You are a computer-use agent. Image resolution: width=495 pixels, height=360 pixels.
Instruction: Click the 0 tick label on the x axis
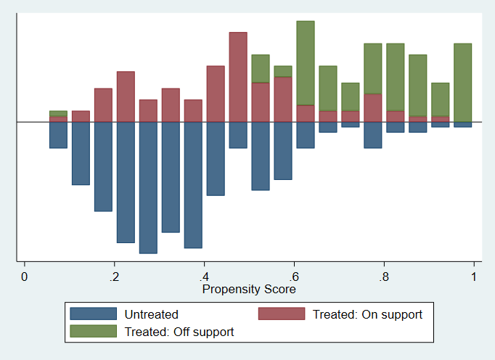click(x=25, y=277)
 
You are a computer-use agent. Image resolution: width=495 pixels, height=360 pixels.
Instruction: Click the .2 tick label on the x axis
click(x=114, y=277)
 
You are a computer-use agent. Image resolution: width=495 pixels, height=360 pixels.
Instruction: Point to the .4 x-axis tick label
click(x=204, y=277)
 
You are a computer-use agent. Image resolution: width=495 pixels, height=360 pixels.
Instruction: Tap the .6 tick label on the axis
click(x=294, y=277)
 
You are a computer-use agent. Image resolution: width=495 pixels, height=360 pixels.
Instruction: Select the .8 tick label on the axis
click(x=384, y=277)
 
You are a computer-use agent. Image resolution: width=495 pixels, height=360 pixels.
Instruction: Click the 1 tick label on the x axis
click(x=474, y=277)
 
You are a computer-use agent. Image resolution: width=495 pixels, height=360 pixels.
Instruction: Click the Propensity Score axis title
click(x=249, y=289)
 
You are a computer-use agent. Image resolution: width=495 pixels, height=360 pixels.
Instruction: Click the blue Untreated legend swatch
click(x=93, y=314)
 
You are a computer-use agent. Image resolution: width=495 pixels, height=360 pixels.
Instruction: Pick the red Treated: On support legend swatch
click(x=282, y=314)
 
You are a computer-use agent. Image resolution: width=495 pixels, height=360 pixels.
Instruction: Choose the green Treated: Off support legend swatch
click(x=93, y=332)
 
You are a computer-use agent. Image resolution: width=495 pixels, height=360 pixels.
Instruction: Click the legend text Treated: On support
click(x=367, y=314)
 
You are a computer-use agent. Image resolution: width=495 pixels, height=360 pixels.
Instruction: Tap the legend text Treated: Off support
click(x=179, y=332)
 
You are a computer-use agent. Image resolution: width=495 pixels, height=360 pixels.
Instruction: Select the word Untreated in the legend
click(x=152, y=314)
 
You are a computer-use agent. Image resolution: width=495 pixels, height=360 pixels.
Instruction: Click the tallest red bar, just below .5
click(x=238, y=77)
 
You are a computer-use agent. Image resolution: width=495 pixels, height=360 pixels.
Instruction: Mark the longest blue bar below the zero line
click(x=148, y=187)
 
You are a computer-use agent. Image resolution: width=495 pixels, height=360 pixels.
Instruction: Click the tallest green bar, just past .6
click(x=306, y=63)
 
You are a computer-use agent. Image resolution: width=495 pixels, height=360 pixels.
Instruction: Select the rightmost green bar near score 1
click(x=463, y=82)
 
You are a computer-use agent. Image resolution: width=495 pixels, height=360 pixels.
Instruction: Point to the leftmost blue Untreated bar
click(x=58, y=135)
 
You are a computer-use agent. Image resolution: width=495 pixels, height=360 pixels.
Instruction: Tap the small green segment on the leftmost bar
click(x=58, y=113)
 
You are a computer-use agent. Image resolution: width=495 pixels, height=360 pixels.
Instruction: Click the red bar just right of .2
click(x=126, y=97)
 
